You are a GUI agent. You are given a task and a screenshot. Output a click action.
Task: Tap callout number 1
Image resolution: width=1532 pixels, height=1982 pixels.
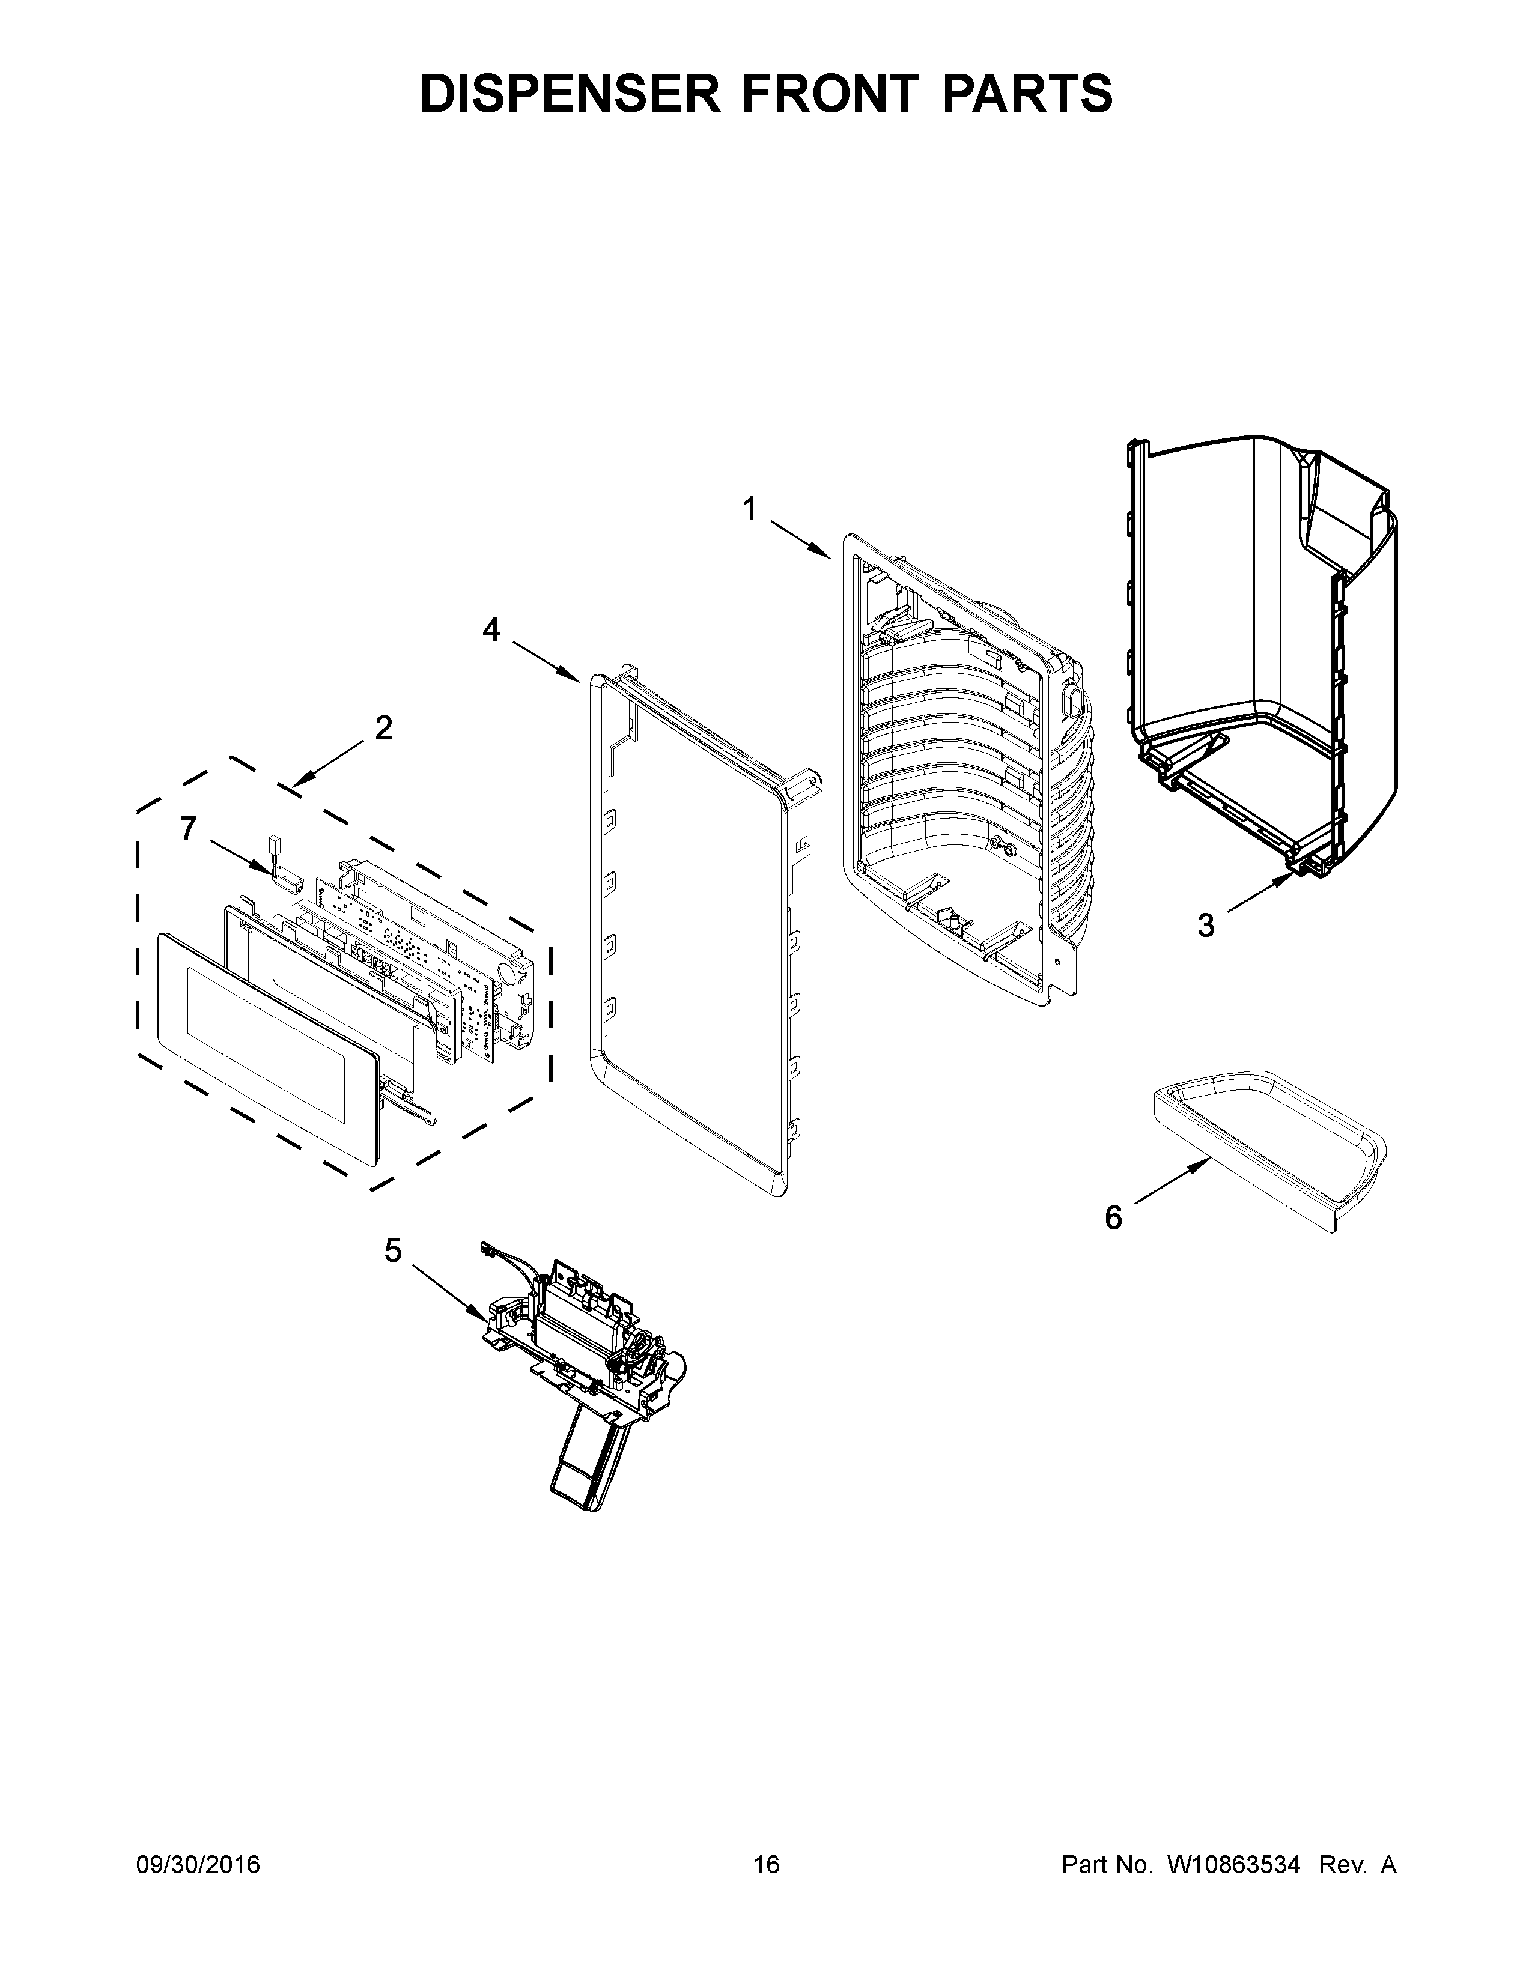coord(750,510)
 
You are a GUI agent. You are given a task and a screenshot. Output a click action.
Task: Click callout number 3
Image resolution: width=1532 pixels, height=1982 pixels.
coord(1205,926)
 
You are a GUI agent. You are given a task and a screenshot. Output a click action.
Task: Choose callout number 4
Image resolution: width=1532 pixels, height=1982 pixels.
coord(491,629)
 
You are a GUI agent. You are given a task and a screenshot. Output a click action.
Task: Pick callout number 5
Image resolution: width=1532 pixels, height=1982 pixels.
coord(392,1250)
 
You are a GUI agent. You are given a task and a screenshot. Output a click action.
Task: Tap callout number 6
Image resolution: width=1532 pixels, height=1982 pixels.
coord(1114,1217)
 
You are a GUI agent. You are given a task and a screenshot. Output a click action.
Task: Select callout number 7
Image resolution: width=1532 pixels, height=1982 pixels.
coord(188,828)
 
